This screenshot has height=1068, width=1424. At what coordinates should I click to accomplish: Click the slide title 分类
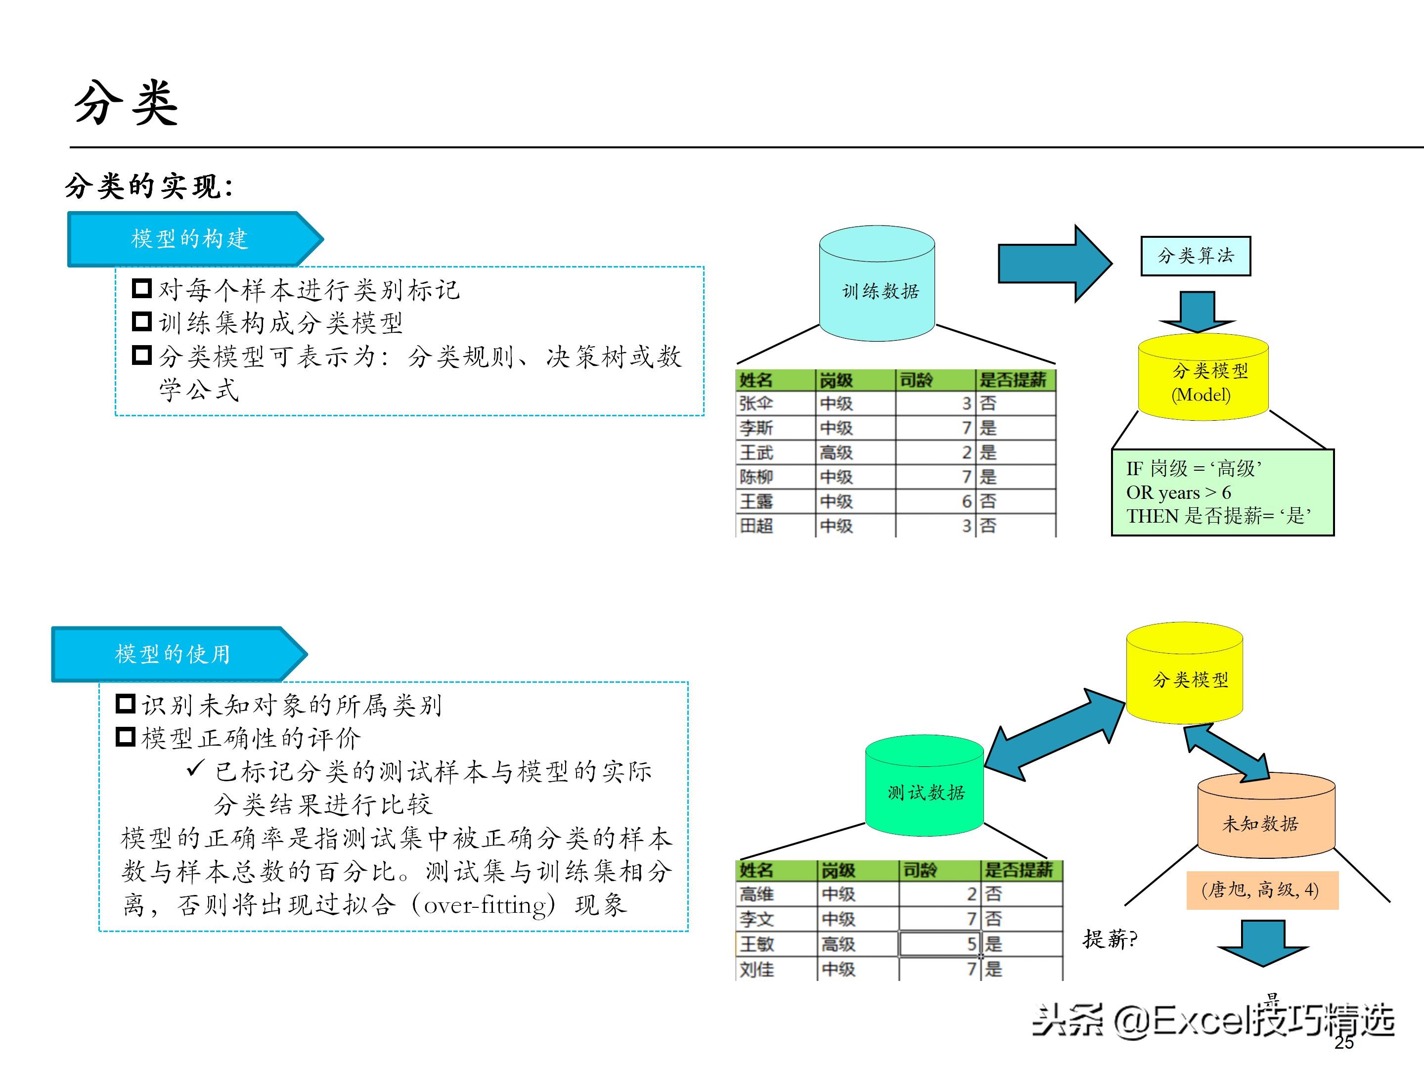(126, 103)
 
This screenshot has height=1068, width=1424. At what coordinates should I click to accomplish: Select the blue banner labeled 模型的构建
(189, 239)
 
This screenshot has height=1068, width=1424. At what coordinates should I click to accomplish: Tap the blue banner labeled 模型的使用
(173, 654)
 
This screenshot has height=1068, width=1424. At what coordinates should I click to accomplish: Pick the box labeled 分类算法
(1196, 256)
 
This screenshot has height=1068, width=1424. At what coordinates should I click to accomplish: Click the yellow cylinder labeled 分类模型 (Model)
(1202, 380)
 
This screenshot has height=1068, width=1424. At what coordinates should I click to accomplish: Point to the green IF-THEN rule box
(1222, 492)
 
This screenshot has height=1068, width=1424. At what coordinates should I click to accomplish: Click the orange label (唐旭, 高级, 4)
(1262, 890)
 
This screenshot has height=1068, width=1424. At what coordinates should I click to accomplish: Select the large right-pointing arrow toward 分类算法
(1054, 264)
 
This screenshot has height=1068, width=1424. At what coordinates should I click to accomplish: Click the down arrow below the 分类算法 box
(1197, 311)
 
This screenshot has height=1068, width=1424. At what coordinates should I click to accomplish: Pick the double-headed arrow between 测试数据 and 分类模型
(1055, 735)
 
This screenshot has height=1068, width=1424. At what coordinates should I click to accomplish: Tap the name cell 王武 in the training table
(756, 452)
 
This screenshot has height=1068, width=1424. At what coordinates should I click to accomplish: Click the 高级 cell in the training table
(836, 452)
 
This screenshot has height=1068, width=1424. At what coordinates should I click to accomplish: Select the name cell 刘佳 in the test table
(757, 969)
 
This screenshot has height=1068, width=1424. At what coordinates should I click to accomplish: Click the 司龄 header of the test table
(919, 870)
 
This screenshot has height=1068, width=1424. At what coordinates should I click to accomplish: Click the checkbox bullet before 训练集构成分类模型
(141, 321)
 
